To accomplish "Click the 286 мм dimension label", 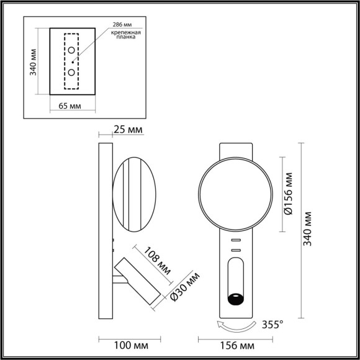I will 122,24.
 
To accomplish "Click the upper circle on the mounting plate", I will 72,50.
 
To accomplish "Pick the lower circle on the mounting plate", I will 72,73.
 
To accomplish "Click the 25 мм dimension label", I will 128,130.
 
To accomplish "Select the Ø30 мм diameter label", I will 185,286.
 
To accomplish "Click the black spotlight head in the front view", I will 236,299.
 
